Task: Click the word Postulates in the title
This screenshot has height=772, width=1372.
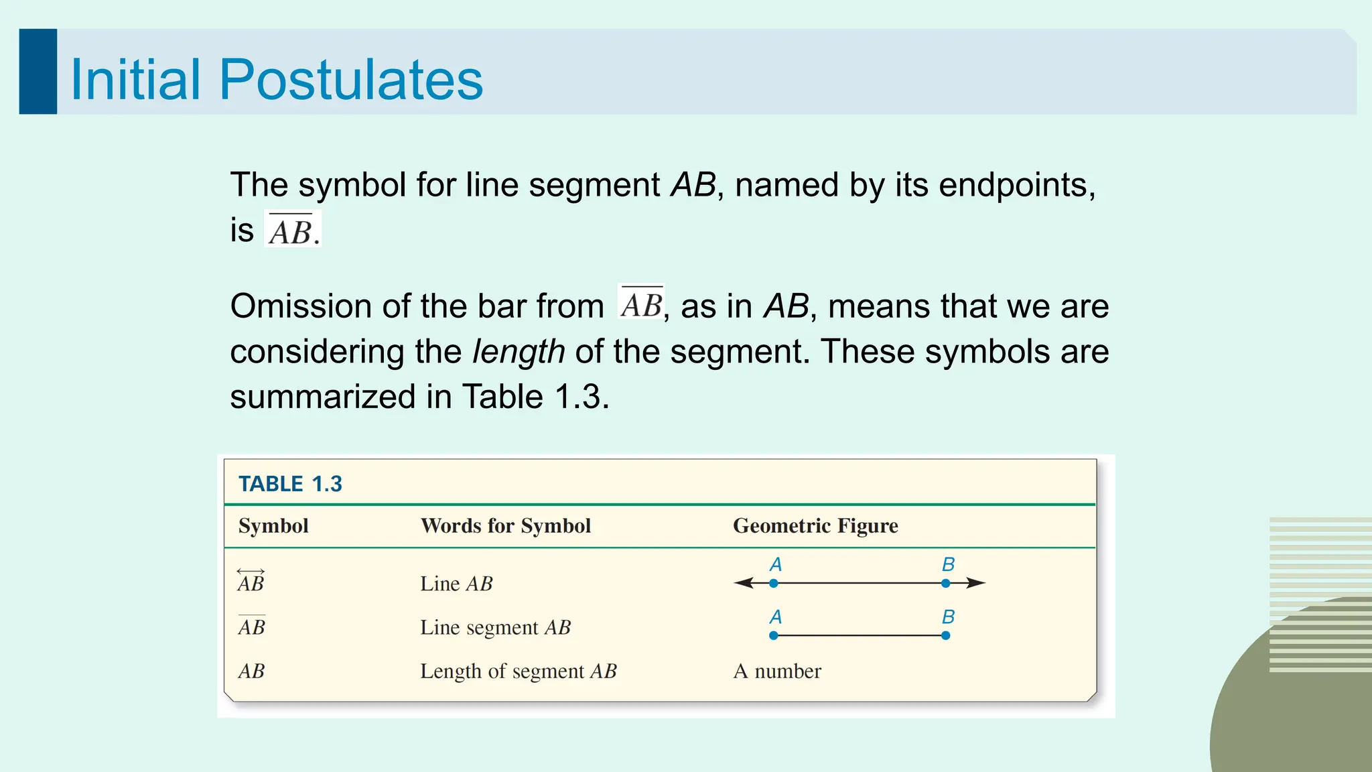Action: [x=350, y=80]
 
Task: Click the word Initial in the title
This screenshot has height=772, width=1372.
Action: [x=135, y=80]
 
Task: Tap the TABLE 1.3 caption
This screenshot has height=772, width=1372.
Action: [x=290, y=484]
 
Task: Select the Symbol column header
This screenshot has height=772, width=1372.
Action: [x=273, y=526]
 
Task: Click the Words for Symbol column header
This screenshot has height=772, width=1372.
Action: [x=506, y=526]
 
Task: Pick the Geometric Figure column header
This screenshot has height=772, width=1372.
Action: [x=815, y=526]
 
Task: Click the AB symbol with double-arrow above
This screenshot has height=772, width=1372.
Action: [x=251, y=582]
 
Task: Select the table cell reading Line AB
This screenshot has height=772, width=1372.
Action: [x=456, y=584]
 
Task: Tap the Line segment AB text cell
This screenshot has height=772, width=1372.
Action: [x=495, y=627]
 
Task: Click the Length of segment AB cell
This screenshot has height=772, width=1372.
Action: [x=518, y=671]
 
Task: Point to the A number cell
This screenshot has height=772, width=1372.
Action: [x=777, y=671]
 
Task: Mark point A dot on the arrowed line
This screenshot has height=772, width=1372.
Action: [x=774, y=583]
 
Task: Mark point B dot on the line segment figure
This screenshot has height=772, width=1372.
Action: [x=945, y=635]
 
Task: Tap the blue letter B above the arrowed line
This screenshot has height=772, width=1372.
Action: [x=948, y=564]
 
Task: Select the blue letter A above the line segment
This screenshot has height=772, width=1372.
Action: [x=776, y=617]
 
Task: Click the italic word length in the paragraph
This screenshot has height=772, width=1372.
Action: [x=519, y=352]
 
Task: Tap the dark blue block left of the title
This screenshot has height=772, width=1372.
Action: [x=38, y=72]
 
